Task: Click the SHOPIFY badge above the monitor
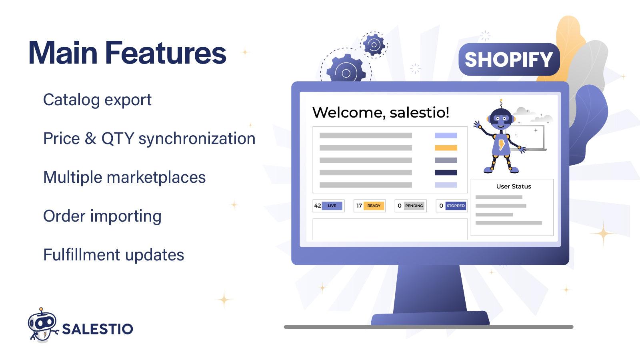pos(508,60)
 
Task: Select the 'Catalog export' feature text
pos(97,100)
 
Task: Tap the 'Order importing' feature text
pos(102,216)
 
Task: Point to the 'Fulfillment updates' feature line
pos(114,255)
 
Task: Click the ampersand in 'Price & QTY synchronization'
pos(90,138)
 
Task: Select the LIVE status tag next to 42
pos(332,206)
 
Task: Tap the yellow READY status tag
pos(374,206)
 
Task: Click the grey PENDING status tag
pos(414,206)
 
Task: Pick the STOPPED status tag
pos(456,206)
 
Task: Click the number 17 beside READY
pos(359,206)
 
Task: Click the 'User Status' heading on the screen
pos(514,186)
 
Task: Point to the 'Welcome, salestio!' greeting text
pos(380,112)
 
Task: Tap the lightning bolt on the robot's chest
pos(502,145)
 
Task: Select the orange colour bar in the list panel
pos(446,148)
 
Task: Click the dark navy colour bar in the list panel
pos(446,173)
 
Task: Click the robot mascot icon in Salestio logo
pos(42,325)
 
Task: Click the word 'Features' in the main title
pos(166,53)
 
